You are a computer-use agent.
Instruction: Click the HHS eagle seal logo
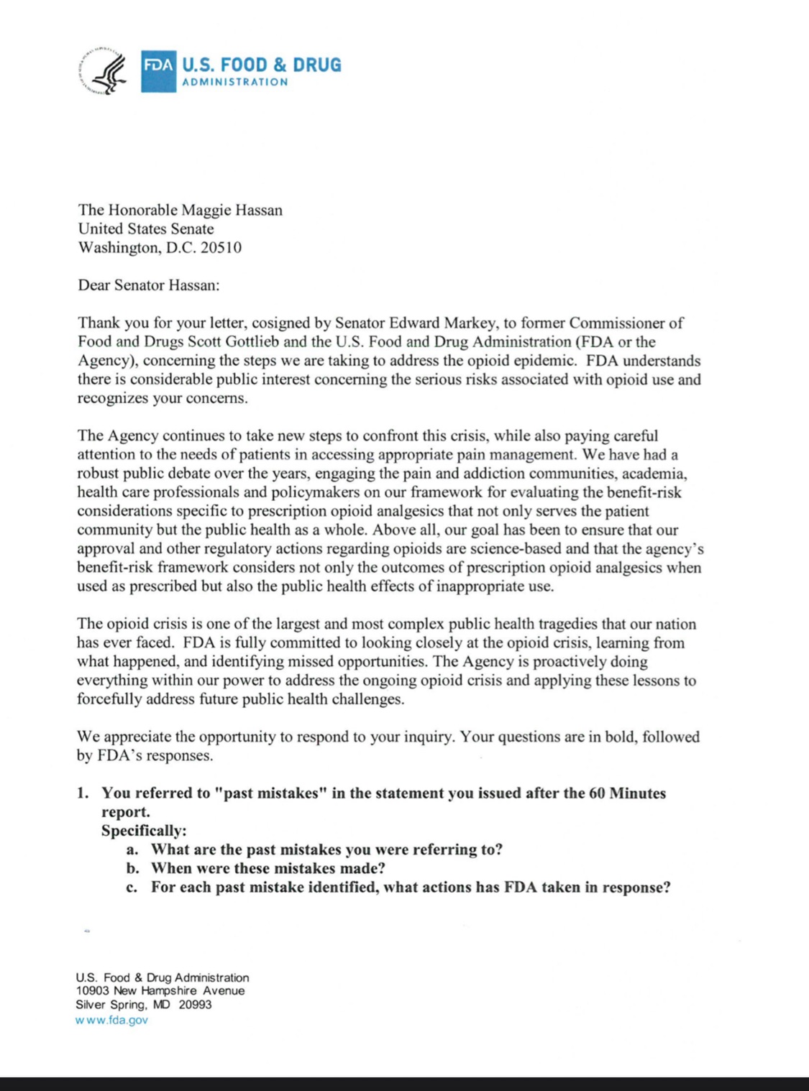pyautogui.click(x=101, y=72)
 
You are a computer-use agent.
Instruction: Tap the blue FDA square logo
pyautogui.click(x=158, y=71)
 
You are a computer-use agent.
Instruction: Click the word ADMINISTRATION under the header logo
pyautogui.click(x=235, y=82)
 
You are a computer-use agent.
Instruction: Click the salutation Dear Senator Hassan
pyautogui.click(x=148, y=285)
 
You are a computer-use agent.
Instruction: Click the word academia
pyautogui.click(x=654, y=474)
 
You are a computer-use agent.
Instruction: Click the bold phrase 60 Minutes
pyautogui.click(x=627, y=793)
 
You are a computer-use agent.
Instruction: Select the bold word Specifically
pyautogui.click(x=143, y=830)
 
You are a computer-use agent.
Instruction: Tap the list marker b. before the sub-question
pyautogui.click(x=132, y=868)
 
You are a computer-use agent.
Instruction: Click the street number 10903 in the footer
pyautogui.click(x=92, y=990)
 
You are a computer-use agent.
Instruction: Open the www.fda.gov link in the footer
pyautogui.click(x=111, y=1019)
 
